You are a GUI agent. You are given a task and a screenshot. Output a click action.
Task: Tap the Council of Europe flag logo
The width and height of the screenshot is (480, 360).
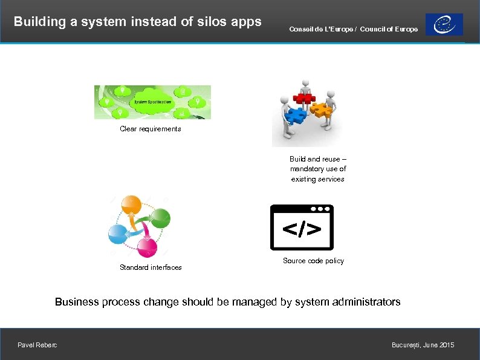(444, 25)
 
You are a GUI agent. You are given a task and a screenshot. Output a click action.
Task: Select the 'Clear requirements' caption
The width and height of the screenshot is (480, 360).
(150, 129)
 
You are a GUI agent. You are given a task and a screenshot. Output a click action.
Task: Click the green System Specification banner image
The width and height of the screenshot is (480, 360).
(152, 102)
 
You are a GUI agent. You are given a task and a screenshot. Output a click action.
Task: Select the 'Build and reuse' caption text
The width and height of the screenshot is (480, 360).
(317, 169)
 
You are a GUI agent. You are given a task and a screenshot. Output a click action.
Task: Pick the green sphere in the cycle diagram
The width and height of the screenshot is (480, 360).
(160, 218)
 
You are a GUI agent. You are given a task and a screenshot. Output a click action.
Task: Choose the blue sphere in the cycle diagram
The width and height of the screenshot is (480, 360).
(118, 234)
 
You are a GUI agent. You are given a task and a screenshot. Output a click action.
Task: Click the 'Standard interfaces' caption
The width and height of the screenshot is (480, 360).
(151, 267)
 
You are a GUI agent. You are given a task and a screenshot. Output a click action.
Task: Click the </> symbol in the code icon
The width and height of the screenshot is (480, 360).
(302, 230)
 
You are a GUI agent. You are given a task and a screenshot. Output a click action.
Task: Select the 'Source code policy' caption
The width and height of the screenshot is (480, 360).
(313, 261)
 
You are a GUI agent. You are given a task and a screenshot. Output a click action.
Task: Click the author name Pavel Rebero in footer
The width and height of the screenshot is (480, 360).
(37, 345)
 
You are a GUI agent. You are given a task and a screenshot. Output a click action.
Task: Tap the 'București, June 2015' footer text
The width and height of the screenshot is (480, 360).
(423, 345)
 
